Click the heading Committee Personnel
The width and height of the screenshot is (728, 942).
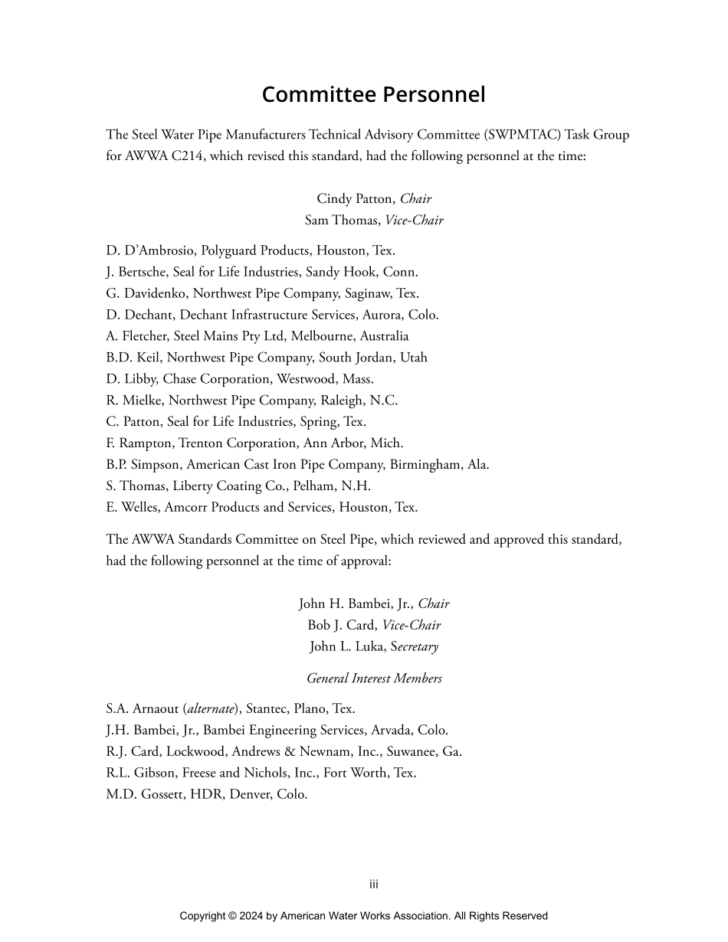[373, 94]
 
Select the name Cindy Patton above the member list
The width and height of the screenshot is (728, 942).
[356, 198]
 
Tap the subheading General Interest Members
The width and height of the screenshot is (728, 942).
[374, 679]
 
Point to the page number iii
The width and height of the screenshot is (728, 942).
[374, 885]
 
